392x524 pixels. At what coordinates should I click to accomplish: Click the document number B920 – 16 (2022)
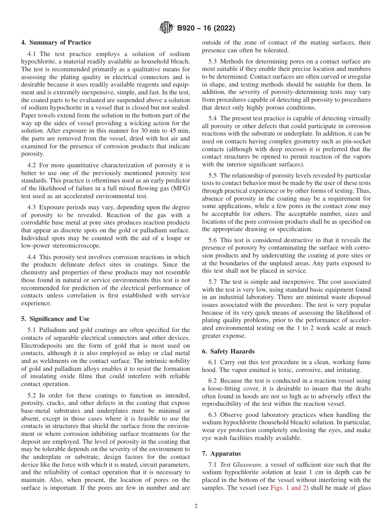(x=206, y=28)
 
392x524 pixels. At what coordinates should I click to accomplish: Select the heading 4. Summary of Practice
(x=56, y=42)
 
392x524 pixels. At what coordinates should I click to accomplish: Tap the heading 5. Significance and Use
(x=55, y=318)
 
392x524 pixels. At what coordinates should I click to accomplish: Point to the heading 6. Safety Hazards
(x=228, y=351)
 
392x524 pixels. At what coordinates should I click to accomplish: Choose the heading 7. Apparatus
(x=221, y=454)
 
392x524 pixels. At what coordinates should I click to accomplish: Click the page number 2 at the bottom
(x=196, y=506)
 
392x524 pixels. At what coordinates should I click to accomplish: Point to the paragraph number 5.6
(x=213, y=240)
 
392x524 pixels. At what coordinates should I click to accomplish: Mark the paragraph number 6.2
(x=213, y=381)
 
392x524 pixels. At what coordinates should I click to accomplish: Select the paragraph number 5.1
(x=32, y=330)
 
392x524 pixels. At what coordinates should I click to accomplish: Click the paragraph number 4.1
(x=32, y=54)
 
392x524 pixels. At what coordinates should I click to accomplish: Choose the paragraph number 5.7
(x=213, y=282)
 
